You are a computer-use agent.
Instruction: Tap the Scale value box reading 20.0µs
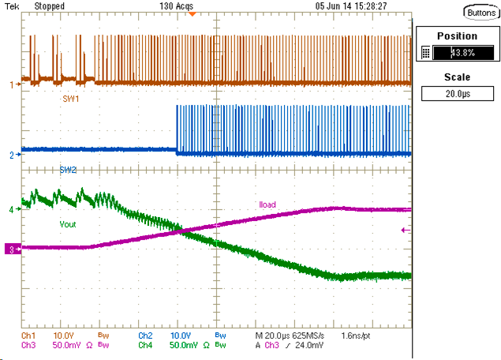[x=458, y=93]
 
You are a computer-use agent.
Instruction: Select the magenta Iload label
[x=267, y=204]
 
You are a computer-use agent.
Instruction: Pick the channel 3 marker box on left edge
[x=10, y=249]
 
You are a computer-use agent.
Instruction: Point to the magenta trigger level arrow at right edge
[x=405, y=231]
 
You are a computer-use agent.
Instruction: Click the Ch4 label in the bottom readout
[x=145, y=345]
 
